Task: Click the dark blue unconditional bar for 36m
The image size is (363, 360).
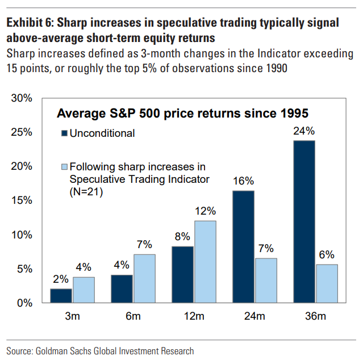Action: click(304, 221)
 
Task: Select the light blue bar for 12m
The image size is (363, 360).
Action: click(205, 262)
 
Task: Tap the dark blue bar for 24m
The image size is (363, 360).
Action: click(243, 246)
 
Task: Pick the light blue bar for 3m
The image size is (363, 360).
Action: click(84, 290)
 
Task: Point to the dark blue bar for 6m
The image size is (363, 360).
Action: click(122, 288)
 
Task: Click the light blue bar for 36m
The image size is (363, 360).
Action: click(326, 283)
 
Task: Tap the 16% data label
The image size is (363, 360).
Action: click(243, 182)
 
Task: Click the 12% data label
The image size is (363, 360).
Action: click(205, 212)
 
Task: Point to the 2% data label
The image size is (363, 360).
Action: click(61, 280)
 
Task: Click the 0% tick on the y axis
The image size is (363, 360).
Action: click(23, 303)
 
